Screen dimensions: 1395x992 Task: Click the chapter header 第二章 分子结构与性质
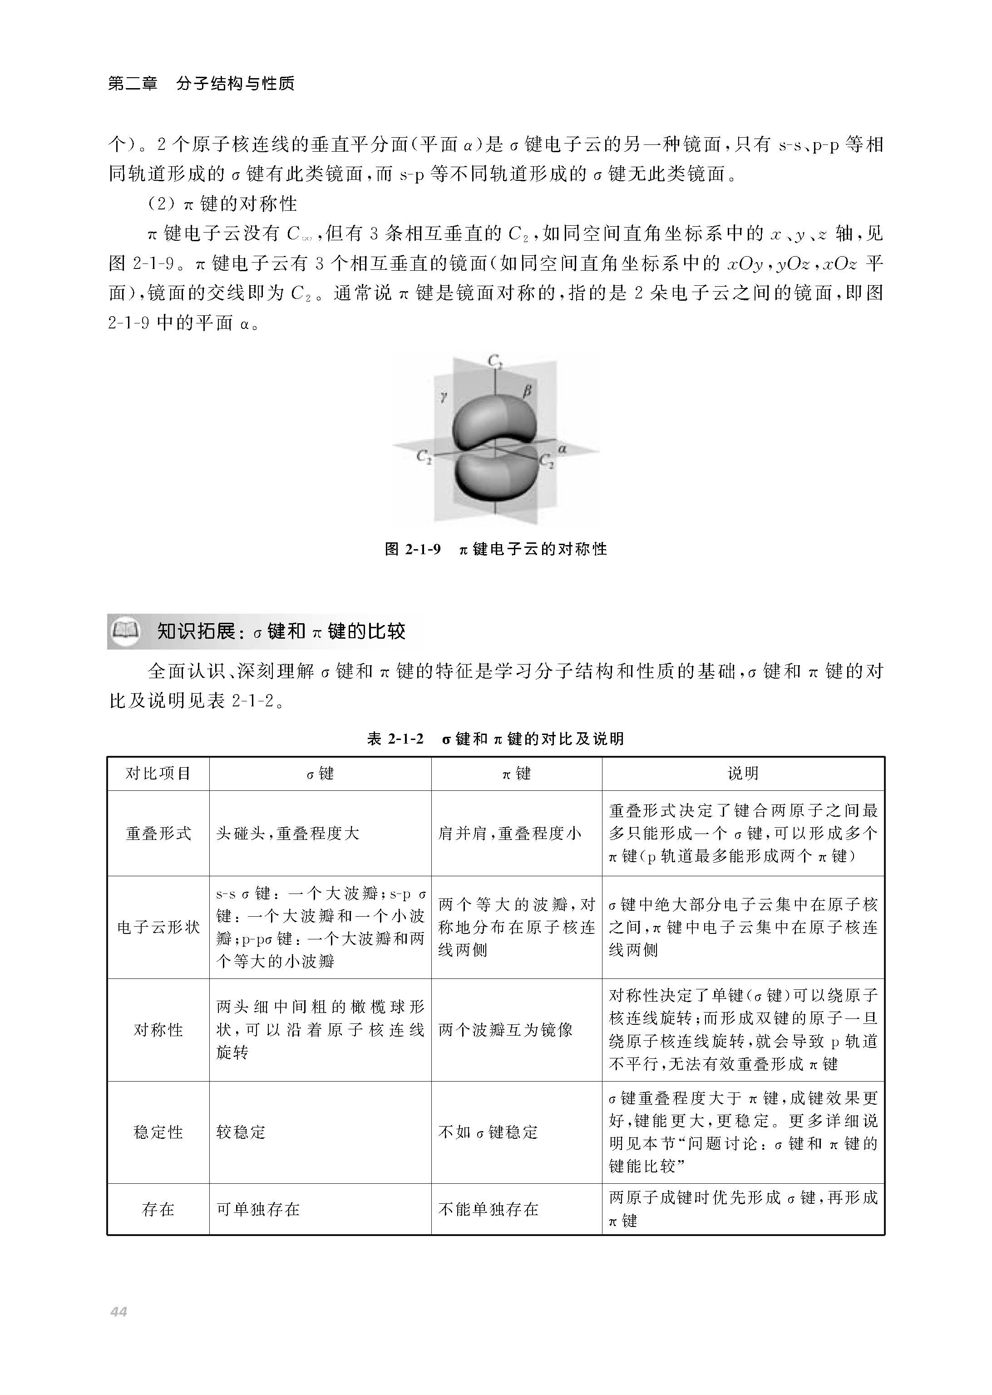point(201,83)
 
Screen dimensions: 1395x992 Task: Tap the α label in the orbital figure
point(562,448)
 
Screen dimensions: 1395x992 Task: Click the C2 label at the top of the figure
point(495,362)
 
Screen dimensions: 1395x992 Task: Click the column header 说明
point(743,774)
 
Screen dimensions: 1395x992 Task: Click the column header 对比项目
point(158,774)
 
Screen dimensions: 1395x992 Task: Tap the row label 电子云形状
point(158,927)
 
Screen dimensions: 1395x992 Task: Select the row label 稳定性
point(158,1132)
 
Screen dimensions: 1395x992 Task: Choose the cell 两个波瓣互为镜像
point(505,1030)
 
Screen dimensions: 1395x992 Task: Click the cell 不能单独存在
point(488,1209)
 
